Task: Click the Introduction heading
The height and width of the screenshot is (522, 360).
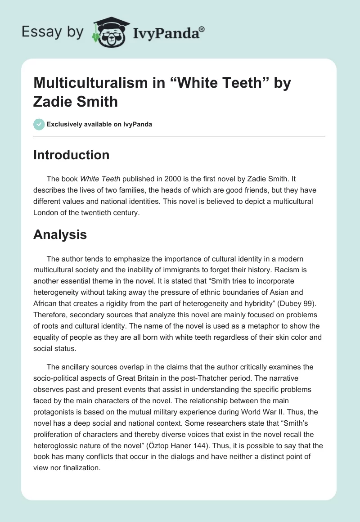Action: pos(71,155)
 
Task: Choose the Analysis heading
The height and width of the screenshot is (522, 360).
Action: pos(60,234)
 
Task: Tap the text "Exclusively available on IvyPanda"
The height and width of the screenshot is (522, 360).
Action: pos(99,124)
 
